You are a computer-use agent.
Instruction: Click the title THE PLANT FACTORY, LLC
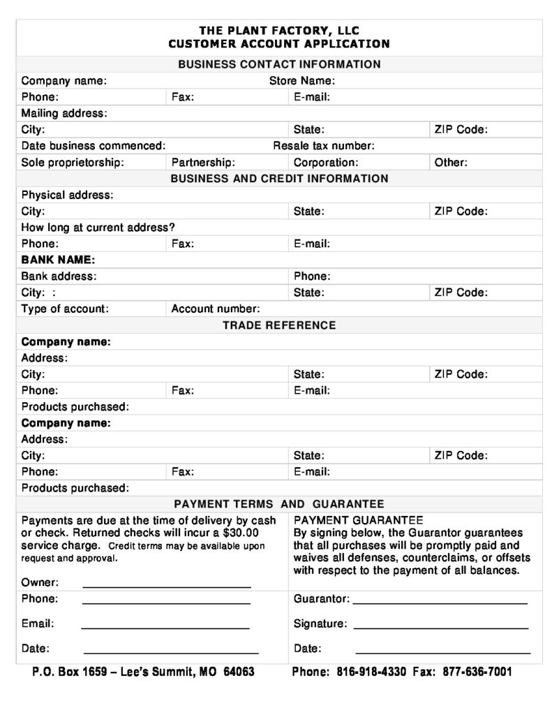pos(279,31)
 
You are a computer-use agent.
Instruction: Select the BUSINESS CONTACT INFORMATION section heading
pos(279,64)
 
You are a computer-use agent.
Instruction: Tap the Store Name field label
pos(302,81)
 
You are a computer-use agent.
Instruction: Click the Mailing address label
pos(64,113)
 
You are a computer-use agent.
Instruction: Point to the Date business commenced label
pos(94,146)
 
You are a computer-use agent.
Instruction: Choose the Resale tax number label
pos(324,146)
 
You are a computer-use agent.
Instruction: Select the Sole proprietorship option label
pos(73,162)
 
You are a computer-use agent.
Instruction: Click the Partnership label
pos(204,162)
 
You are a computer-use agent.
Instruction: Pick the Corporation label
pos(326,162)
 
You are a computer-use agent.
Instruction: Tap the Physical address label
pos(67,195)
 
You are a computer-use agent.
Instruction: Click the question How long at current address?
pos(98,228)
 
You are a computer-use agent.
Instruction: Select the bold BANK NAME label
pos(58,260)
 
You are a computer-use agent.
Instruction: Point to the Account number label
pos(216,309)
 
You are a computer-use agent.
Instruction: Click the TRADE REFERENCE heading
pos(279,325)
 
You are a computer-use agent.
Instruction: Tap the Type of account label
pos(65,309)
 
